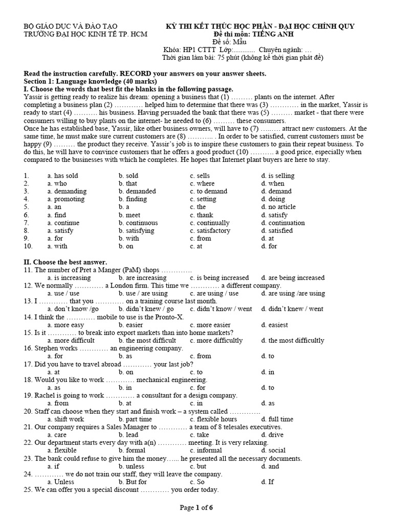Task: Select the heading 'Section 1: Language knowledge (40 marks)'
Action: click(x=91, y=81)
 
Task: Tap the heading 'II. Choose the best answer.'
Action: click(x=65, y=262)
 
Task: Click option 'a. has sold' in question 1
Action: click(x=62, y=176)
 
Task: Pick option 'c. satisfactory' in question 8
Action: click(x=210, y=230)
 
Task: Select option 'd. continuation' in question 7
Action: click(x=282, y=223)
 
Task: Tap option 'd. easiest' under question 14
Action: click(x=274, y=325)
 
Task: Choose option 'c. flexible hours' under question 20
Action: click(x=213, y=419)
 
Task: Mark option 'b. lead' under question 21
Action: click(x=128, y=435)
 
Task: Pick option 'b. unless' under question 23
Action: click(x=132, y=466)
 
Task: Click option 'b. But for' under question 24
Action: click(x=133, y=482)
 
